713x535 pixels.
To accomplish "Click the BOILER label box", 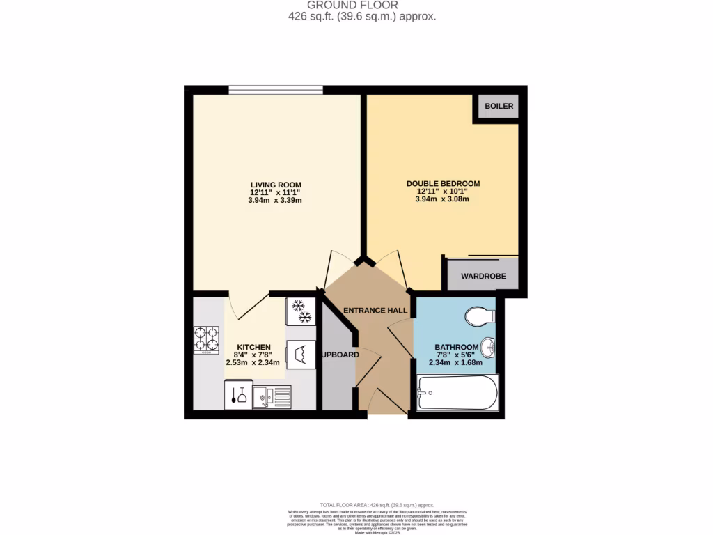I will click(499, 107).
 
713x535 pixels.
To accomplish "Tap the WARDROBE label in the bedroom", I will click(483, 277).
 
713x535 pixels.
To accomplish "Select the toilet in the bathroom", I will click(479, 316).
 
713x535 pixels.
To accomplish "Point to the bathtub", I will click(457, 394).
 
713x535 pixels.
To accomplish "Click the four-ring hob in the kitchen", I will click(206, 341).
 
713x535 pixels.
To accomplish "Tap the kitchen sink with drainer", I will click(272, 397).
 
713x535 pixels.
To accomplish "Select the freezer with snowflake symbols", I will click(300, 311).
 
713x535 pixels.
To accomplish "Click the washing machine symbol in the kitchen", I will click(300, 354).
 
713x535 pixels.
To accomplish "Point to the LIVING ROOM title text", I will click(276, 185).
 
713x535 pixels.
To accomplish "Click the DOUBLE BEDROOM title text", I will click(443, 184).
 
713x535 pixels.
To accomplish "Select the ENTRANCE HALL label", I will click(375, 311).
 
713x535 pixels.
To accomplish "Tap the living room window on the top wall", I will click(275, 89).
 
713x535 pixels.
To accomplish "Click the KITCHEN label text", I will click(253, 347).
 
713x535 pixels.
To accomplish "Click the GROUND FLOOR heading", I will click(362, 5).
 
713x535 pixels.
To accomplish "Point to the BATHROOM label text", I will click(456, 347).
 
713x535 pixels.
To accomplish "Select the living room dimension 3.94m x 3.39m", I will click(276, 200).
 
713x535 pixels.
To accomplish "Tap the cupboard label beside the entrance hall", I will click(340, 355).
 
